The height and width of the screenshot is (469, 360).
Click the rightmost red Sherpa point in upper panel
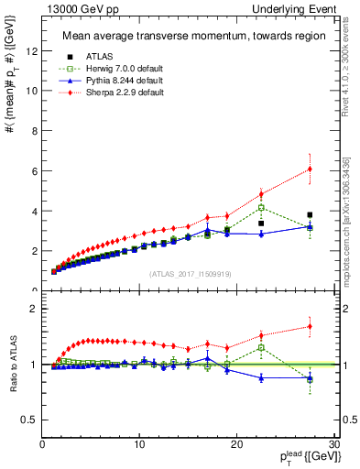pyautogui.click(x=310, y=169)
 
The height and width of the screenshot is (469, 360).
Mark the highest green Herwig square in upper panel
pyautogui.click(x=261, y=207)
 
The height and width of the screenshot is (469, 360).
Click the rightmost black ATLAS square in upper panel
pyautogui.click(x=310, y=214)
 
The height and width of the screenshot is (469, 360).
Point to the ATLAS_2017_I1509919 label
pyautogui.click(x=188, y=273)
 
